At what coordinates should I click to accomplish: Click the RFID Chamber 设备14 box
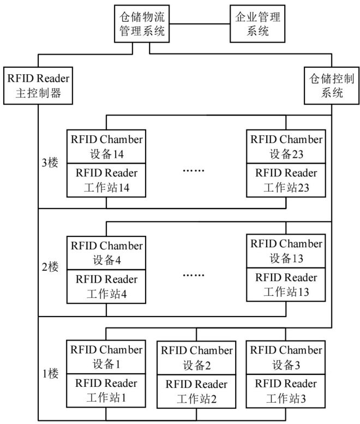coord(106,146)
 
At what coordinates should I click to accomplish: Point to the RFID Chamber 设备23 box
coord(286,146)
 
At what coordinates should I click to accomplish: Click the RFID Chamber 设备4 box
coord(106,253)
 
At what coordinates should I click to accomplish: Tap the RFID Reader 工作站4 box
coord(106,287)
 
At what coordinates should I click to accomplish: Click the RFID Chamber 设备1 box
coord(106,356)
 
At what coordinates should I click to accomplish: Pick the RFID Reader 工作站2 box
coord(196,391)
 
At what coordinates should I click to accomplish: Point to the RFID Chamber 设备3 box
coord(286,356)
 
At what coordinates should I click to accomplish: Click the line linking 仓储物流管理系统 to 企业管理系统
coord(197,24)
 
